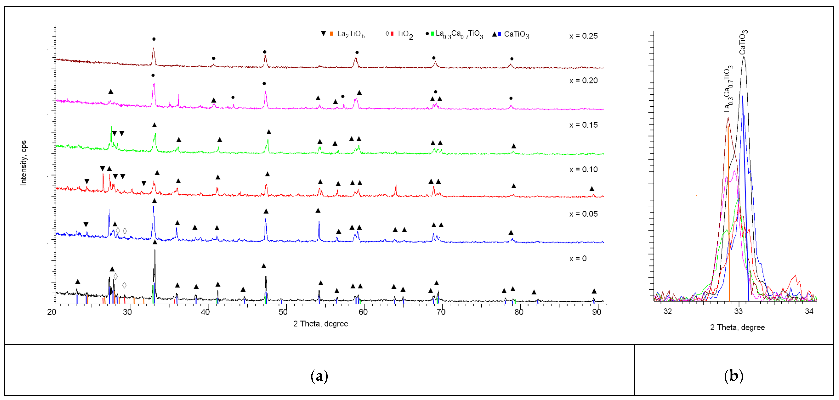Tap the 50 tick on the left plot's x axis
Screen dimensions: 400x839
click(283, 312)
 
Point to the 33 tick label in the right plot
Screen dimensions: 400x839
click(738, 311)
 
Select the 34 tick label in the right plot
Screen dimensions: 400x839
click(809, 311)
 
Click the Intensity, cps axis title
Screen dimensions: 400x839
click(23, 163)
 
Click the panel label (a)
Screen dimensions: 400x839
click(319, 376)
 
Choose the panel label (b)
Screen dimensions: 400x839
click(733, 376)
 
